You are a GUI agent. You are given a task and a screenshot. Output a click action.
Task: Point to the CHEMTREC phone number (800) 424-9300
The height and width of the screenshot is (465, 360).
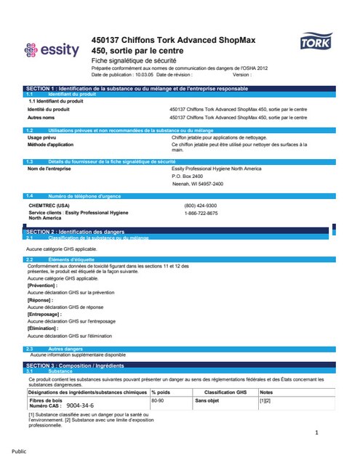(200, 206)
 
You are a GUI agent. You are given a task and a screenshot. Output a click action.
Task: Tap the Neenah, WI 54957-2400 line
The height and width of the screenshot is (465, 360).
(197, 184)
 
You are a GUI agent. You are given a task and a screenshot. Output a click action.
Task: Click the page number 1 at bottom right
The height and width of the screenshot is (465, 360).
(317, 433)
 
